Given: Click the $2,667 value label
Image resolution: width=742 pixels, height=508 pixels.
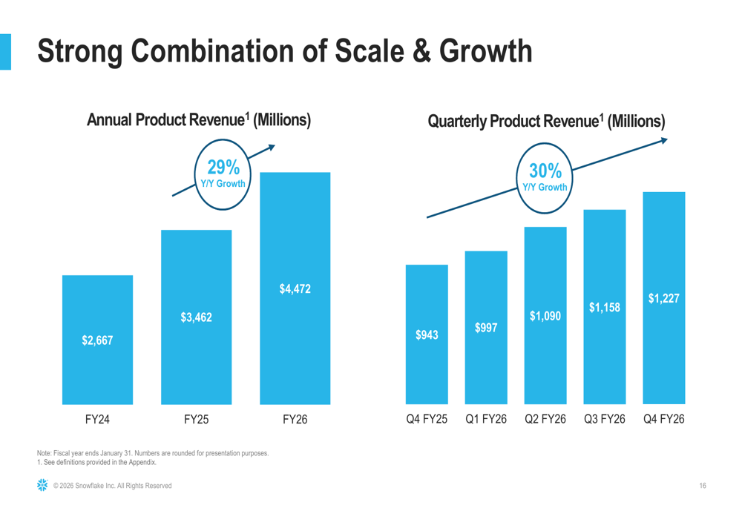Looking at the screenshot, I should (x=97, y=340).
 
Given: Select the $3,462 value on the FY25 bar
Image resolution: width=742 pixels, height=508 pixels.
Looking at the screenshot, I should (x=196, y=317).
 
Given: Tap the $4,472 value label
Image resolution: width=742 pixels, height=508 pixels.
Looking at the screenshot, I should (x=295, y=288).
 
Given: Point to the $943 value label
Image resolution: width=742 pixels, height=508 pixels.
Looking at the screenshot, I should (x=427, y=335).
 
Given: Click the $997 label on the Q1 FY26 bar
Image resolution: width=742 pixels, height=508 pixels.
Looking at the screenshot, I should (x=486, y=327).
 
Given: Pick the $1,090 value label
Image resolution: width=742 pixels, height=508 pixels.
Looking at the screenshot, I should (x=545, y=317).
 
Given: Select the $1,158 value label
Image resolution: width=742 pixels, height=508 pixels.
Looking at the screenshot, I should (x=605, y=307).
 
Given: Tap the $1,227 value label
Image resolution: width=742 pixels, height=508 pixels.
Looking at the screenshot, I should (x=664, y=298).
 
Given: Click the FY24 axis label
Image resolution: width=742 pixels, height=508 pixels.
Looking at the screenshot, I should (x=97, y=420).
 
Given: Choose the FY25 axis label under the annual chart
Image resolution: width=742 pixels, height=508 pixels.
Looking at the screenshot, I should (x=196, y=420).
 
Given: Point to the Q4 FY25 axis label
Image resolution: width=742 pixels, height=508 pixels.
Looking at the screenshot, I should (x=427, y=420).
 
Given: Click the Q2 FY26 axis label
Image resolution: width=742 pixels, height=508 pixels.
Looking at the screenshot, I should (x=545, y=420).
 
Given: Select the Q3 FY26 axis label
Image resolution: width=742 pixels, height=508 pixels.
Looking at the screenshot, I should (x=605, y=420).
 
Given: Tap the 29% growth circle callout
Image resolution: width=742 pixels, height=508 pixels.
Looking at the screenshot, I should (x=223, y=174).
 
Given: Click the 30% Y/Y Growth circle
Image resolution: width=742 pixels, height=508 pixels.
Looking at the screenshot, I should (x=545, y=179).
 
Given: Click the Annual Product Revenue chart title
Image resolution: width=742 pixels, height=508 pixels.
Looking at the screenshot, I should (x=198, y=119).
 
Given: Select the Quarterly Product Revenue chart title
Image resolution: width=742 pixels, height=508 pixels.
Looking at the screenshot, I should (x=546, y=120).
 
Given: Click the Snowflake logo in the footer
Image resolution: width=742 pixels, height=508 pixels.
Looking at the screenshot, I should (x=42, y=485).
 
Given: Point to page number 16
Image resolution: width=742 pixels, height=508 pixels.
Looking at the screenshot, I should (x=702, y=486).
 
